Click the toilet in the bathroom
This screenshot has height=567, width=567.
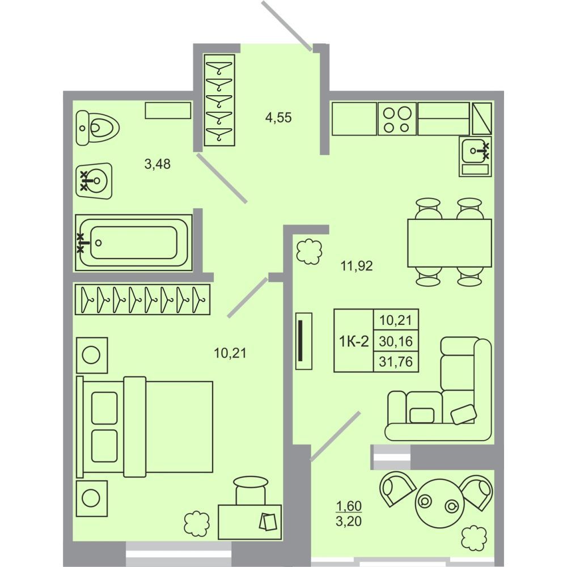(x=98, y=128)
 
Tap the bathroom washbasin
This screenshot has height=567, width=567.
(x=94, y=180)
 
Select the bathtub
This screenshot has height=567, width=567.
(x=134, y=243)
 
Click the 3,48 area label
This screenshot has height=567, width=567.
(x=157, y=164)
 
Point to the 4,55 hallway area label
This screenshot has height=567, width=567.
(x=278, y=117)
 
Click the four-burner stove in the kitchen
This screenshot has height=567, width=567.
(x=397, y=119)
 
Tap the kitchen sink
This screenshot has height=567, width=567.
(x=475, y=156)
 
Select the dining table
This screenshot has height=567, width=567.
(x=450, y=243)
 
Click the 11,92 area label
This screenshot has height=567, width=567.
(x=357, y=266)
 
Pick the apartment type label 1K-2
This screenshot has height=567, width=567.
(x=354, y=341)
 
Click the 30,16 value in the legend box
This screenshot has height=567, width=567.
(x=396, y=341)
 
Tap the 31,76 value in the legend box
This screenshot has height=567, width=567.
(x=396, y=362)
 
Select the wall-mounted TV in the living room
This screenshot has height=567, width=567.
(x=304, y=341)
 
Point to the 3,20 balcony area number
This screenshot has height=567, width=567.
(x=349, y=522)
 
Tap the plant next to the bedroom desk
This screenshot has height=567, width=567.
(x=197, y=523)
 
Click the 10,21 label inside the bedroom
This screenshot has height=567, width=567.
(x=230, y=353)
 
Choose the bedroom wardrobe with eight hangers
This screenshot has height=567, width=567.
(x=142, y=299)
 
